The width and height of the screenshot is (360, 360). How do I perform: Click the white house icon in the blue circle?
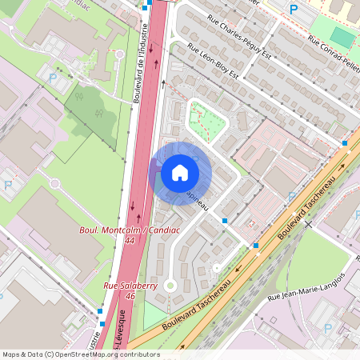click(179, 172)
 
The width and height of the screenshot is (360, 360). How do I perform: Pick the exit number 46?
click(130, 295)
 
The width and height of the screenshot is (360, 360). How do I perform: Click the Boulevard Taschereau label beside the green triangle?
click(194, 308)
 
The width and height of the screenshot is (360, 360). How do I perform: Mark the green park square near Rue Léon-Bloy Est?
click(206, 119)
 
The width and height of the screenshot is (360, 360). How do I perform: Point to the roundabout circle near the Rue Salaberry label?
click(170, 285)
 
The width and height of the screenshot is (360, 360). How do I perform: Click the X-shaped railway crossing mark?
click(308, 226)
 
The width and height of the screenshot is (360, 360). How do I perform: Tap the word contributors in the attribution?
click(141, 354)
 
